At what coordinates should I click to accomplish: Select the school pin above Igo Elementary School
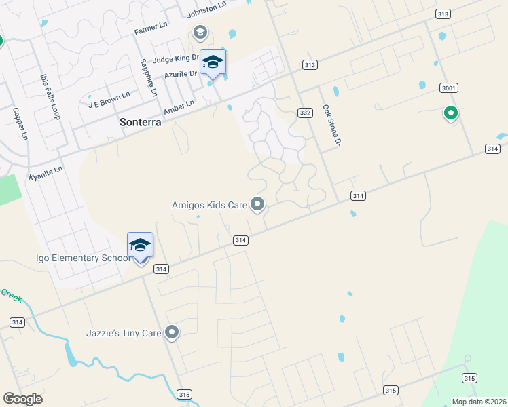pyautogui.click(x=141, y=246)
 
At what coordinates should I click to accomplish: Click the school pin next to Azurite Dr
pyautogui.click(x=213, y=62)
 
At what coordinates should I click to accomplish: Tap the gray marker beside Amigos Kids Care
pyautogui.click(x=257, y=203)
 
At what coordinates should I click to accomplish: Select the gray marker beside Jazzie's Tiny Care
pyautogui.click(x=173, y=332)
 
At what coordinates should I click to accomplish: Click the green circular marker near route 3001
pyautogui.click(x=450, y=113)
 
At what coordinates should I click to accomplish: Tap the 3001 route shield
pyautogui.click(x=448, y=88)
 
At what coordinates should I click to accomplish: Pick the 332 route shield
pyautogui.click(x=305, y=113)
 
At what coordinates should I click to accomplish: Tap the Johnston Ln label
pyautogui.click(x=206, y=9)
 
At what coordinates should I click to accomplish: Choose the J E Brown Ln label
pyautogui.click(x=109, y=99)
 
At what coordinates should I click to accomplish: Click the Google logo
pyautogui.click(x=22, y=399)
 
